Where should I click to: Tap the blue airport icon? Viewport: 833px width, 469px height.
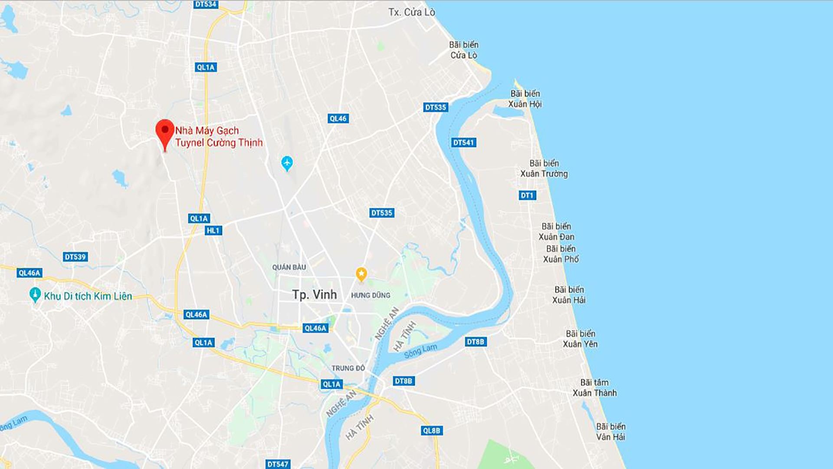coord(287,163)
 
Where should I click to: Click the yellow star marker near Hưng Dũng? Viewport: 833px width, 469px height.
coord(361,274)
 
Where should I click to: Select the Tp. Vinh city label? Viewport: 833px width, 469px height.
coord(315,295)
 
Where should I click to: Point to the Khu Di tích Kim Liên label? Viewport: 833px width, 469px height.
coord(88,296)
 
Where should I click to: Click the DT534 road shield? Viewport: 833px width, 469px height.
coord(206,4)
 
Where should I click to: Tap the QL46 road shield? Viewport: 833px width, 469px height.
coord(338,119)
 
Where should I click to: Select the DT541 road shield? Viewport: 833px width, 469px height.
coord(463,142)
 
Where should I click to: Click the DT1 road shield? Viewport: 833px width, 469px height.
coord(527,195)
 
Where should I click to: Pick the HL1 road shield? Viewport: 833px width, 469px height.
coord(213,231)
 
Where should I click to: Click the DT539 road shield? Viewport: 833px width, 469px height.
coord(75,257)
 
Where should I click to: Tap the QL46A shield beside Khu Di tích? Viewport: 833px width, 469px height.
coord(30,273)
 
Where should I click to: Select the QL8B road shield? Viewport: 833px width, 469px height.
coord(431,431)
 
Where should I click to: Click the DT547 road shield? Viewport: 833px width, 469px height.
coord(278,464)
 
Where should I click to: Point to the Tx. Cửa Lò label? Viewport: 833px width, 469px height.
coord(411,12)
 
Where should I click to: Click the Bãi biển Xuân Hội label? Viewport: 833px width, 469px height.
coord(525,99)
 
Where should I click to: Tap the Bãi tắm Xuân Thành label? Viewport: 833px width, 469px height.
coord(594,388)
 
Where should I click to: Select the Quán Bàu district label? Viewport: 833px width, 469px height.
coord(289,267)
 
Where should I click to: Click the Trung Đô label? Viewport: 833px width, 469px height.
coord(348,368)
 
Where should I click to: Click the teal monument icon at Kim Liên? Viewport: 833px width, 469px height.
coord(35,295)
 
